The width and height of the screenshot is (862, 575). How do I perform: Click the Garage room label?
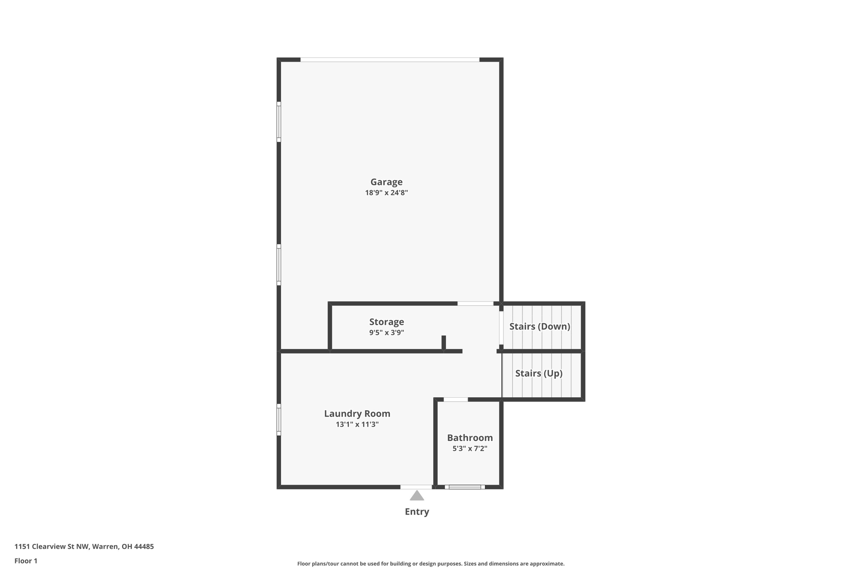[386, 182]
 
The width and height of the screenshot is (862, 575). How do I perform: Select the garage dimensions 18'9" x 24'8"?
[386, 193]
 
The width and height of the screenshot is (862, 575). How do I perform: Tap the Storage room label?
[386, 322]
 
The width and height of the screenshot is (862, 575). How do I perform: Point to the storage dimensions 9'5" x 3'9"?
[386, 332]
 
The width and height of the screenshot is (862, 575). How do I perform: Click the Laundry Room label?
[357, 414]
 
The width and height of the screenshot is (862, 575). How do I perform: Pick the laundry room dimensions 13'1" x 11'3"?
[357, 424]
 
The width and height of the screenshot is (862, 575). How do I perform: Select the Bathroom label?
[470, 438]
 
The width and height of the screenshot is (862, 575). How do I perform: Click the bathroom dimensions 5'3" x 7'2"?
[470, 449]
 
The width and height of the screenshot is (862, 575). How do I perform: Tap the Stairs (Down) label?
[540, 326]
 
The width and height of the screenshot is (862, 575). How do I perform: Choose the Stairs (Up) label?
[539, 373]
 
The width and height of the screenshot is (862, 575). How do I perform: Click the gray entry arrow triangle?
[417, 496]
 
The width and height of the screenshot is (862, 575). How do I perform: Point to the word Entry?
[417, 511]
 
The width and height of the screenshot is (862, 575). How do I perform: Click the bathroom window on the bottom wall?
[465, 487]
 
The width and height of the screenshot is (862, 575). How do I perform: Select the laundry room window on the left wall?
[279, 420]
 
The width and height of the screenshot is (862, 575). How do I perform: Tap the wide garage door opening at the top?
[390, 60]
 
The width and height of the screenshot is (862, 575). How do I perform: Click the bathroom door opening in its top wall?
[455, 399]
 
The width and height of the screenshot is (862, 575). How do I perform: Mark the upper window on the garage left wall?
[279, 122]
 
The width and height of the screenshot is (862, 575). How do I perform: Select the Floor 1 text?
[26, 561]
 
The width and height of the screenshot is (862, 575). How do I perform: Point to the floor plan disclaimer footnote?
[431, 564]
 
